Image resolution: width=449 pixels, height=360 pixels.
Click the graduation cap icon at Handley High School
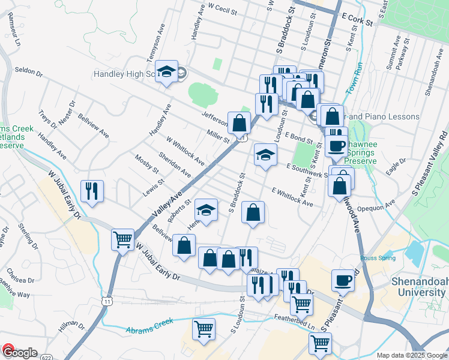pos(166,73)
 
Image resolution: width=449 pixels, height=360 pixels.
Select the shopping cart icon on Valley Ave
pos(123,239)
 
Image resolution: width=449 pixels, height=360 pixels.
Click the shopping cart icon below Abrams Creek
pos(203,329)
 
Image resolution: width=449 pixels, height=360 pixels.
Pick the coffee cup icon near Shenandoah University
pos(343,280)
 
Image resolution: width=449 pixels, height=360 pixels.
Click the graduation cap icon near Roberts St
pos(206,211)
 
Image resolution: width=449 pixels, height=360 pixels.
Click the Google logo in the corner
pos(19,353)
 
